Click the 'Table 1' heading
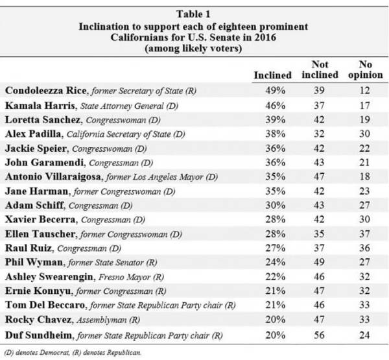click(x=193, y=14)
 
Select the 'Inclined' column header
click(x=273, y=75)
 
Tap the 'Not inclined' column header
click(x=320, y=70)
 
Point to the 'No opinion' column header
click(x=366, y=70)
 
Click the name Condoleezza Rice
click(x=45, y=90)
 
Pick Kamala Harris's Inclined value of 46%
click(x=276, y=106)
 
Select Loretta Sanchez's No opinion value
click(x=364, y=119)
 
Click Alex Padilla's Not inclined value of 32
click(x=319, y=134)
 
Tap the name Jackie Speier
click(x=36, y=149)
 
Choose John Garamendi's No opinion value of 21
click(x=364, y=162)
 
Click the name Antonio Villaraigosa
click(x=53, y=177)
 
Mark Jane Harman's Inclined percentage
click(x=276, y=191)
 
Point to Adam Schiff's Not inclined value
click(x=319, y=206)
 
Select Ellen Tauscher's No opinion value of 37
click(x=364, y=234)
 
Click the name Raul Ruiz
click(x=29, y=248)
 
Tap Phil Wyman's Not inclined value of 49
click(x=319, y=262)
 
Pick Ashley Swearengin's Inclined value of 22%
click(x=276, y=276)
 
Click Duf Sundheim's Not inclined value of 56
click(x=319, y=335)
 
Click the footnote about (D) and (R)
click(x=73, y=353)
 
